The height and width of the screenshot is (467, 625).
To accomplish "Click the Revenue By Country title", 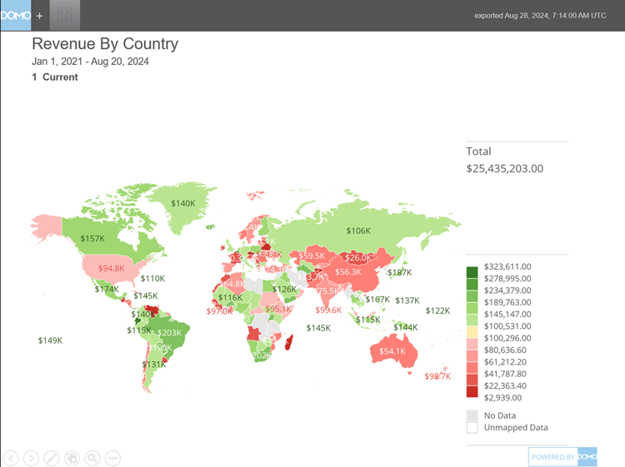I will pos(105,44).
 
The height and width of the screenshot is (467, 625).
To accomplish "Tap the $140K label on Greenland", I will pos(182,203).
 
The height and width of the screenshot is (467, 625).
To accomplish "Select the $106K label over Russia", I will pos(357,231).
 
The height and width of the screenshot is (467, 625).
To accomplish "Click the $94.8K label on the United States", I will pos(111,269).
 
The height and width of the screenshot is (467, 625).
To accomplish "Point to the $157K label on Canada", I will pos(92,239).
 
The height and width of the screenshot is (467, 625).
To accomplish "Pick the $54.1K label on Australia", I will pos(392,351).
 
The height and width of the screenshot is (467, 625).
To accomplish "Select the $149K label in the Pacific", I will pos(51,340).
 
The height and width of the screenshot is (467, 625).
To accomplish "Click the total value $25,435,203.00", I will pos(505,168).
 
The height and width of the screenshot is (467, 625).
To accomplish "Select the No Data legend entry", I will pos(500,414).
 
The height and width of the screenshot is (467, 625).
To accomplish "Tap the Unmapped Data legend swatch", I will pos(472,427).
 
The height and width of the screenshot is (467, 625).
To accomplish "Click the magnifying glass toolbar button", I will pos(92,457).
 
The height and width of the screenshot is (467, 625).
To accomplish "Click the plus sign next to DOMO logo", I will pos(39,16).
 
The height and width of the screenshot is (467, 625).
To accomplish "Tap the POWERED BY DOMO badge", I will pos(563,457).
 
